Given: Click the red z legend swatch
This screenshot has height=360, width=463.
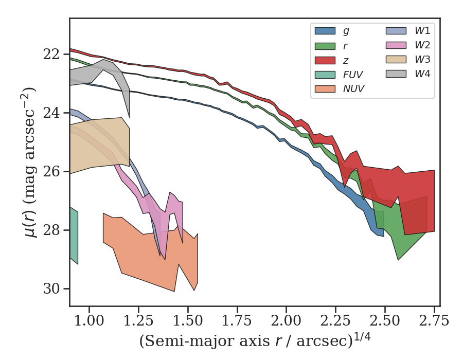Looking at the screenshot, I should tap(325, 60).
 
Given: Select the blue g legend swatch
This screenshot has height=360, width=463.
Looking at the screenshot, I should tap(325, 31).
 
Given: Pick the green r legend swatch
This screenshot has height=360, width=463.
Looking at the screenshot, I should tap(325, 45).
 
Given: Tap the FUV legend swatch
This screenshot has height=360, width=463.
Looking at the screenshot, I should tap(325, 74).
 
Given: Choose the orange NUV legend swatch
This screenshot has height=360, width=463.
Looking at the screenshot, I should tap(325, 88).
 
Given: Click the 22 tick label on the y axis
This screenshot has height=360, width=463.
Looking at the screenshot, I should tap(54, 54).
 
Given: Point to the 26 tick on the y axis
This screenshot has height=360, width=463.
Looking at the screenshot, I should tap(54, 171).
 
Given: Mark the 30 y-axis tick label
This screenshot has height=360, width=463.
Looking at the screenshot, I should tap(54, 289).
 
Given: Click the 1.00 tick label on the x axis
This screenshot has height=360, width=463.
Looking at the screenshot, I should tap(90, 322).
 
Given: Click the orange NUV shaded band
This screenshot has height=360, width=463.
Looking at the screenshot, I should tap(149, 257).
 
